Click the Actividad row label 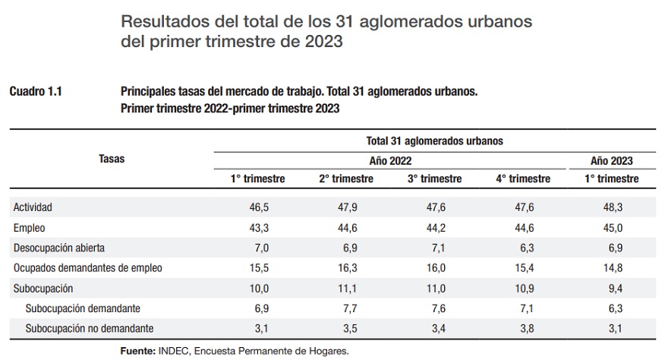(33, 207)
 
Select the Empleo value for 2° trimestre (345, 227)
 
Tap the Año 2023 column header (611, 161)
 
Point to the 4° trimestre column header (523, 179)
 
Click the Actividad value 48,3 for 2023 (611, 207)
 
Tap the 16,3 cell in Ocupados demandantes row (345, 268)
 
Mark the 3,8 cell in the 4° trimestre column (523, 329)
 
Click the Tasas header (112, 159)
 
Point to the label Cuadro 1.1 (36, 92)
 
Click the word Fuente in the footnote (137, 352)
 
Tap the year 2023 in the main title (323, 42)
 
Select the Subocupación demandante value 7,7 (345, 308)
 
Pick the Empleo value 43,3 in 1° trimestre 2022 (258, 227)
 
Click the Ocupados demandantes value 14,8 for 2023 (611, 268)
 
